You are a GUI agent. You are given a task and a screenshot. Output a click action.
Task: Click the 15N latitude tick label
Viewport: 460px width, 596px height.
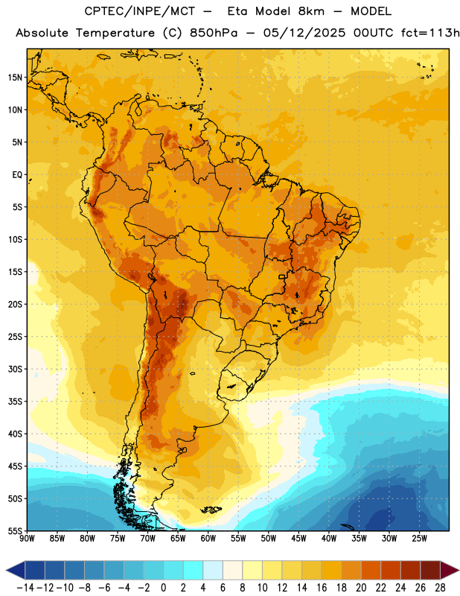coord(15,77)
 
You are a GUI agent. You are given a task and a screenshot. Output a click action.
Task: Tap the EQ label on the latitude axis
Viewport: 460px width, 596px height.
coord(17,175)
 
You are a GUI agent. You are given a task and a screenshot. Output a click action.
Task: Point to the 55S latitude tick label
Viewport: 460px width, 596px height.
coord(15,530)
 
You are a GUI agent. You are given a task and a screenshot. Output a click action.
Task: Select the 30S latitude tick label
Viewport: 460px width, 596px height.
coord(15,369)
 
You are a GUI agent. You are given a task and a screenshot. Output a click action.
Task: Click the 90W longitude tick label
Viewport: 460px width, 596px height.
coord(27,538)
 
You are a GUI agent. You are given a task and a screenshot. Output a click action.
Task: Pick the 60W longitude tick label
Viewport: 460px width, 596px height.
coord(208,538)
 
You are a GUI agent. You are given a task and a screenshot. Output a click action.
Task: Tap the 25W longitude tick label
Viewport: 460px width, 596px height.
coord(419,538)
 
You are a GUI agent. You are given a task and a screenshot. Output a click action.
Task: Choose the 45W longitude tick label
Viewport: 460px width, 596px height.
coord(298,538)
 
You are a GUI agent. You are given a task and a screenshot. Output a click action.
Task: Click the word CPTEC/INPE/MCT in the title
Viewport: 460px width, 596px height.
coord(140,11)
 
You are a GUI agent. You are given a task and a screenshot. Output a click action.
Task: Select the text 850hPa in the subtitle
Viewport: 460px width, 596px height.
coord(214,33)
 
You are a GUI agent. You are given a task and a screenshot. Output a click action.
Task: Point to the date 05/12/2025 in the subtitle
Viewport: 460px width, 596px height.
coord(304,33)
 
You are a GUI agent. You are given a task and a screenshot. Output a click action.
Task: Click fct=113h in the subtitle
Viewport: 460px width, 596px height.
coord(430,33)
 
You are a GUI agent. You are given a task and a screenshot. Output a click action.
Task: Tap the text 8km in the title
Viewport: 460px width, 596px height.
coord(311,11)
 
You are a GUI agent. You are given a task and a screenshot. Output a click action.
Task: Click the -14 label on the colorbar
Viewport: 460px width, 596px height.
coord(25,588)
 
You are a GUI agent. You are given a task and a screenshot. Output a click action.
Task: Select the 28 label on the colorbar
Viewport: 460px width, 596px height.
coord(440,588)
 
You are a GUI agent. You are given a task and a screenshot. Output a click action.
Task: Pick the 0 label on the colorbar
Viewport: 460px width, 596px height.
coord(164,588)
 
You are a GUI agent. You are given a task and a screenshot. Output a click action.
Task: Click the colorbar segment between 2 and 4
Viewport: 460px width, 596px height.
coord(194,571)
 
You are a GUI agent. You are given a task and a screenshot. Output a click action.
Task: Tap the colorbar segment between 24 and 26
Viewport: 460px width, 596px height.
coord(411,571)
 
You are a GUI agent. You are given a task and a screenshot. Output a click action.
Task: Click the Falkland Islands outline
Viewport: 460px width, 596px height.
coord(211,510)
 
